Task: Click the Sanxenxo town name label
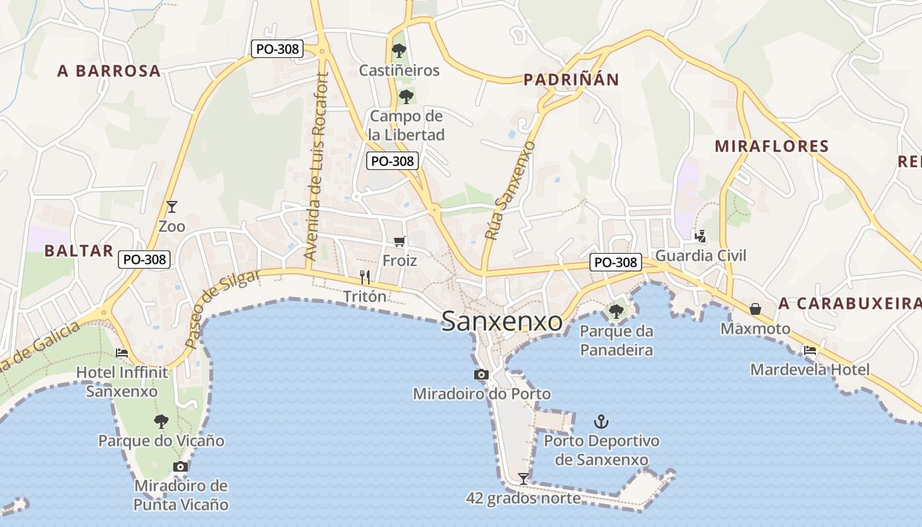[x=502, y=321]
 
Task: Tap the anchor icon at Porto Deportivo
[x=601, y=421]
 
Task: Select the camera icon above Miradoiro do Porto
[x=481, y=375]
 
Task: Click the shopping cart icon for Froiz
[x=400, y=242]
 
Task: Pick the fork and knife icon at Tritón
[x=365, y=277]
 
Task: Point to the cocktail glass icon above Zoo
[x=172, y=207]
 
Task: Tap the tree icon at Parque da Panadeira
[x=616, y=311]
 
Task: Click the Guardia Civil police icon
[x=700, y=236]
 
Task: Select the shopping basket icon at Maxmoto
[x=755, y=309]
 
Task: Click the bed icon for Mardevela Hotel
[x=809, y=350]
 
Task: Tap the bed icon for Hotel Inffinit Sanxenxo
[x=122, y=353]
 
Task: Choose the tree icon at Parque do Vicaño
[x=161, y=422]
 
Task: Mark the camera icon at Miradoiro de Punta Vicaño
[x=180, y=466]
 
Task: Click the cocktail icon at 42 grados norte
[x=524, y=478]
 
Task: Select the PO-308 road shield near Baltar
[x=145, y=260]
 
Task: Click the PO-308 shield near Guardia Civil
[x=615, y=262]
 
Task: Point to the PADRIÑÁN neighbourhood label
[x=571, y=80]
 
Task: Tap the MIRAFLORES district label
[x=771, y=146]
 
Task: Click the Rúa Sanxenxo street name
[x=510, y=190]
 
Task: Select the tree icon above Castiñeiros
[x=399, y=50]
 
